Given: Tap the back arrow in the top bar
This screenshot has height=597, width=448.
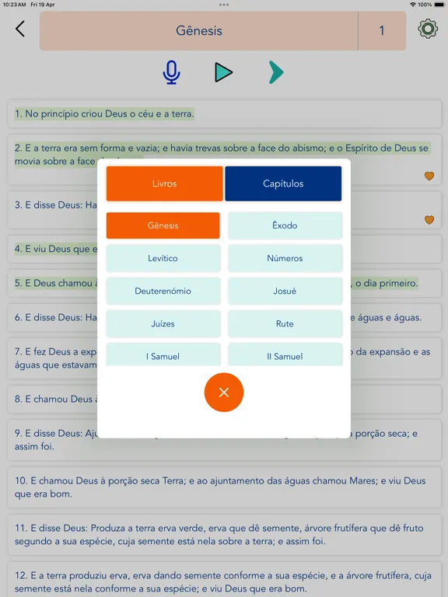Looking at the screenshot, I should pyautogui.click(x=20, y=30).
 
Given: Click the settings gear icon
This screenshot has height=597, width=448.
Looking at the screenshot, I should pyautogui.click(x=427, y=30).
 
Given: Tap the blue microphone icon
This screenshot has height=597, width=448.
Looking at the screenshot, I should pyautogui.click(x=171, y=72).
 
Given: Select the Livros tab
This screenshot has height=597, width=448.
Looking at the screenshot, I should pyautogui.click(x=165, y=183).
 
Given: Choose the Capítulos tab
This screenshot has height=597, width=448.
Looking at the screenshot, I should pyautogui.click(x=283, y=183).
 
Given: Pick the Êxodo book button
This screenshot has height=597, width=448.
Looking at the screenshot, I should pyautogui.click(x=285, y=225).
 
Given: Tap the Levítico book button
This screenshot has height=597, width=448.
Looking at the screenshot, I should pyautogui.click(x=163, y=258).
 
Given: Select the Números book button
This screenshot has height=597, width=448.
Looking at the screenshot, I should pyautogui.click(x=285, y=258).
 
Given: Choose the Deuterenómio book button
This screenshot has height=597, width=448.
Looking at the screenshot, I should pyautogui.click(x=163, y=292).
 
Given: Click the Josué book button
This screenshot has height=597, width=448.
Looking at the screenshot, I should pyautogui.click(x=285, y=292).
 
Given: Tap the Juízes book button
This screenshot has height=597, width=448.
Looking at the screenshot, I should pyautogui.click(x=163, y=324).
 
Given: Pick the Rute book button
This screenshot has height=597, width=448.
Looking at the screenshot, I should pyautogui.click(x=285, y=324).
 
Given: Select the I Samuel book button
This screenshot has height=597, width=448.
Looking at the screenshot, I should pyautogui.click(x=163, y=356).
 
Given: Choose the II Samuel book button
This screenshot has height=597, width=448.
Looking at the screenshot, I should pyautogui.click(x=285, y=356).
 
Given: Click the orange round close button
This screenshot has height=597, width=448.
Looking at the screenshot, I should pyautogui.click(x=224, y=393).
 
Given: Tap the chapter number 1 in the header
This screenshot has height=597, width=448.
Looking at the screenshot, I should pyautogui.click(x=382, y=31).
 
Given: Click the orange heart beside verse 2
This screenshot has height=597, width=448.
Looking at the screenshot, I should pyautogui.click(x=429, y=176).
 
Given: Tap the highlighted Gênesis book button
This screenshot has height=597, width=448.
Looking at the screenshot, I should pyautogui.click(x=163, y=225).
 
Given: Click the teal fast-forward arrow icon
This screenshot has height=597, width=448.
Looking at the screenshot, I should pyautogui.click(x=275, y=72).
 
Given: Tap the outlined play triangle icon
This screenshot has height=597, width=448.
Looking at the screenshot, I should pyautogui.click(x=223, y=72).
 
